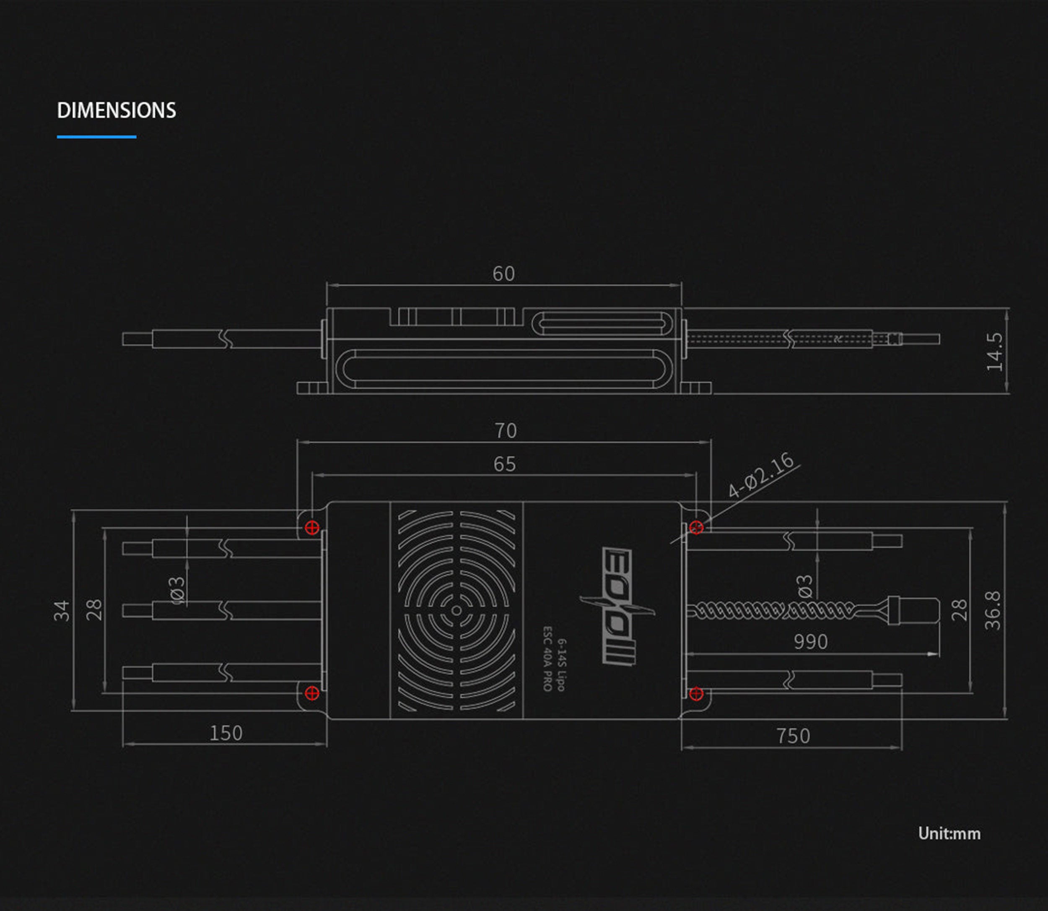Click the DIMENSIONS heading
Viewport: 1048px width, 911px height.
117,110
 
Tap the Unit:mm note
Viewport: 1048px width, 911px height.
949,833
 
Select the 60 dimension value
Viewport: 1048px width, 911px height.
503,274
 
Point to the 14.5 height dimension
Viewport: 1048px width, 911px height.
994,352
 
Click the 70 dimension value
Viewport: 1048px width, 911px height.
506,431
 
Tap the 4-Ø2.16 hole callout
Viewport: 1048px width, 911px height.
760,475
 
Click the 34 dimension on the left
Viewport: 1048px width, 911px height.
62,611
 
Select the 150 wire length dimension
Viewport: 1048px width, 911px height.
226,733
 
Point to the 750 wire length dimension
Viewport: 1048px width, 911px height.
793,736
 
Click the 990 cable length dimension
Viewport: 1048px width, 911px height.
811,642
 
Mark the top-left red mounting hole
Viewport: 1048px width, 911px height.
312,527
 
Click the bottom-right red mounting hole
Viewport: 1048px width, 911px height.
696,693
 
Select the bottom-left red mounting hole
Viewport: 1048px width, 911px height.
312,692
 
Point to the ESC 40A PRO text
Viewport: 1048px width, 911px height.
547,659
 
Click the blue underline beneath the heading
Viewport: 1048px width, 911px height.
96,136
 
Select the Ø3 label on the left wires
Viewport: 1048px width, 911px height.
178,590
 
